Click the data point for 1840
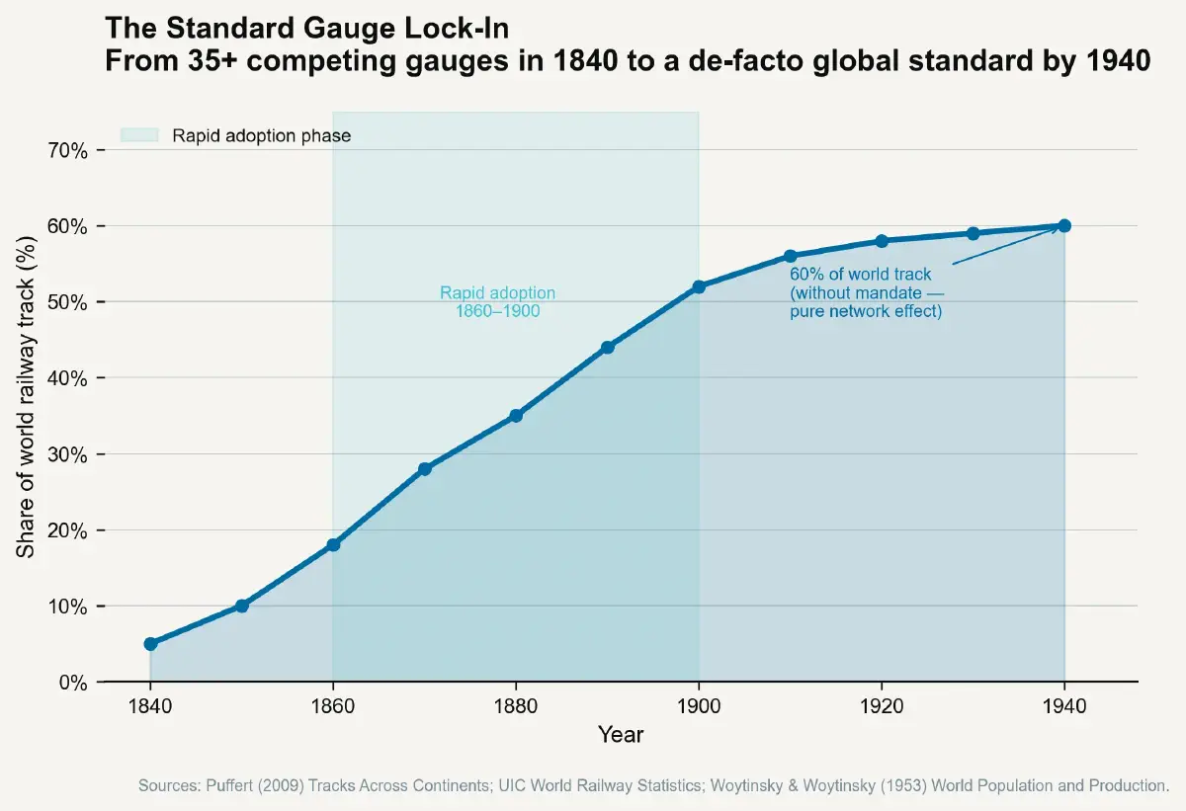pos(150,644)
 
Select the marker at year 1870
pos(425,469)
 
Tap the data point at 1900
pos(699,286)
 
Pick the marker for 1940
pos(1064,225)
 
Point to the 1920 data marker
pos(882,241)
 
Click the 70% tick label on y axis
pos(68,150)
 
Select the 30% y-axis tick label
pos(68,454)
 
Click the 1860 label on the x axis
pos(333,706)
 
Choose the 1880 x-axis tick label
pos(516,706)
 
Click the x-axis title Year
pos(621,735)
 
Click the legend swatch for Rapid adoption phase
pos(139,135)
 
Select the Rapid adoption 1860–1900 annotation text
pos(497,302)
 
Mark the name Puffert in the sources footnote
pos(230,786)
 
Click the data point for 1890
pos(608,348)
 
